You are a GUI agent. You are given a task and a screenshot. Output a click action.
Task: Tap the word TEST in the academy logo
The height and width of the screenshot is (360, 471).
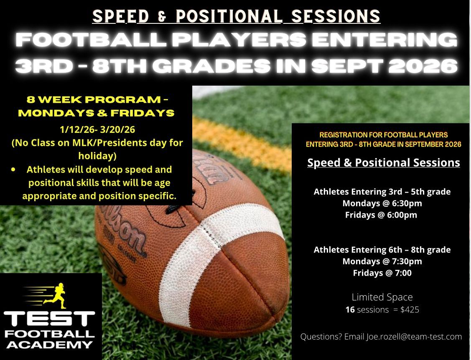coord(49,319)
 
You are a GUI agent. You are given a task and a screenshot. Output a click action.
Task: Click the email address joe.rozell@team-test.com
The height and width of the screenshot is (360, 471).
coord(414,337)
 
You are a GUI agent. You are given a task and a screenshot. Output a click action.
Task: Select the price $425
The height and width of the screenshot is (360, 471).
coord(410,309)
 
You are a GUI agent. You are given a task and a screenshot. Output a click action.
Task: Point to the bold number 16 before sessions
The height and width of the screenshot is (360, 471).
coord(350,309)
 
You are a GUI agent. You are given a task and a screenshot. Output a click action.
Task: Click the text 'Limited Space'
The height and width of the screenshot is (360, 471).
coord(382,297)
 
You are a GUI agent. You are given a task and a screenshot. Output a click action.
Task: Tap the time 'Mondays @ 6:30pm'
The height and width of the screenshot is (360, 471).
coord(382,203)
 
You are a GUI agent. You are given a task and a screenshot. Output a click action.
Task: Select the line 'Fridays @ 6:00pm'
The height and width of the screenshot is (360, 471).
coord(381,215)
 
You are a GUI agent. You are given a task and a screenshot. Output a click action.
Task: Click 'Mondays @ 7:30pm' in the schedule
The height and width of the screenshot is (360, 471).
coord(382,261)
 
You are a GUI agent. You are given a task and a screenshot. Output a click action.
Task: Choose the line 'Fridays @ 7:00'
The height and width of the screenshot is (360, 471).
coord(382,273)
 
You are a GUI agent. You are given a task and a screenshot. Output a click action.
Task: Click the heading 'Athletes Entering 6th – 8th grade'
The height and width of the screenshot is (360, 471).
coord(382,250)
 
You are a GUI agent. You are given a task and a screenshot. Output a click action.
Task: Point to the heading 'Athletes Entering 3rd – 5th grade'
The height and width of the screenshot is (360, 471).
coord(382,192)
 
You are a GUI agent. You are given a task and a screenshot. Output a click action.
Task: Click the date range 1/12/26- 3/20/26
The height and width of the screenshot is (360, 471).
coord(97,129)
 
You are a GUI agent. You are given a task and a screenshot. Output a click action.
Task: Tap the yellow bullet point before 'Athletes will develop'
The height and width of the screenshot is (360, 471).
coord(13,170)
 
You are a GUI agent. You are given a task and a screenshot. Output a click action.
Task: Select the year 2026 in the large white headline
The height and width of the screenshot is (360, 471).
coord(423,66)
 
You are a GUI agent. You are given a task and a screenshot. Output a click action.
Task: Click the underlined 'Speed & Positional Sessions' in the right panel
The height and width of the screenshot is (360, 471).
coord(384,163)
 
